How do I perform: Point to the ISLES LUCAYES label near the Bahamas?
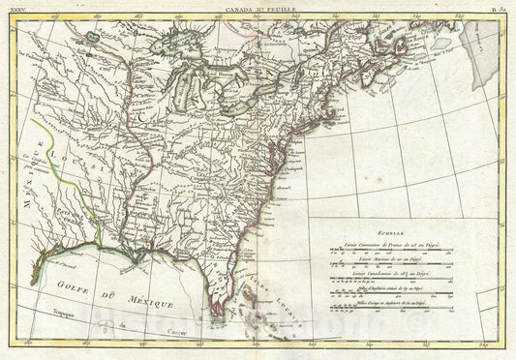(254, 290)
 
